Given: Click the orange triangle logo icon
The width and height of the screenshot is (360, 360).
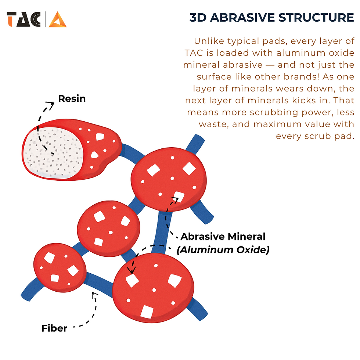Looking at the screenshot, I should coord(58,19).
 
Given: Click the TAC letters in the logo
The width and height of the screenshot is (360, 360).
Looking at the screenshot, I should coord(24,19).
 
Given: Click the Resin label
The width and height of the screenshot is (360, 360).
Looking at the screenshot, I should coord(72,98).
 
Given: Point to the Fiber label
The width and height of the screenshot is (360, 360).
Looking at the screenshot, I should coord(54,328).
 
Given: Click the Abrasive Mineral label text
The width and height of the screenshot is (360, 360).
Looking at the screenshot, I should coord(223,237).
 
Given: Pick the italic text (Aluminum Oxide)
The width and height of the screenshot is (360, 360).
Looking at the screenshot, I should coord(223,250).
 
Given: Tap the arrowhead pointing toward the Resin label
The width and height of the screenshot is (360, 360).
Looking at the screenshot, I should coord(51,104).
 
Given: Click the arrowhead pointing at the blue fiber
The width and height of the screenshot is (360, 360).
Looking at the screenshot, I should coord(94,294).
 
